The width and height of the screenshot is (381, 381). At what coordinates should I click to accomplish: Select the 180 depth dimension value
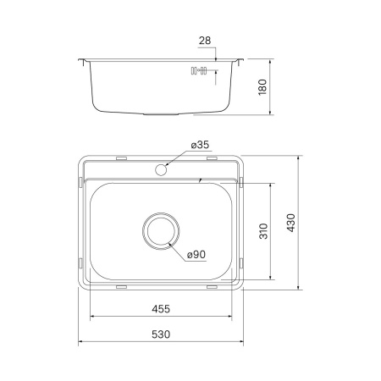262,86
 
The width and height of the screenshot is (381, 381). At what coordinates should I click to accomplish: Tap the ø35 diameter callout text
200,146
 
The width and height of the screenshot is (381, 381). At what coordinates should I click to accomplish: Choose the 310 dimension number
263,230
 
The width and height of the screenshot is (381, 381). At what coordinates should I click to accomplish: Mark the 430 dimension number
290,223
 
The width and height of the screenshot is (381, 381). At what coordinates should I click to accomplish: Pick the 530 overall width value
161,334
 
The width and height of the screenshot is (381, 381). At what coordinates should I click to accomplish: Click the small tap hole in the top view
161,169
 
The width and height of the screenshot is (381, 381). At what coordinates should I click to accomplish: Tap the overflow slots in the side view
199,71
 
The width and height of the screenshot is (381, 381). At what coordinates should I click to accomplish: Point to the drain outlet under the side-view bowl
161,112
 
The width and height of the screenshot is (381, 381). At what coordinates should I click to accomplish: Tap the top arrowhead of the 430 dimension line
299,158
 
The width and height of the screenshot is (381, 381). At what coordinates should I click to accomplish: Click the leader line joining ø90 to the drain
179,247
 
